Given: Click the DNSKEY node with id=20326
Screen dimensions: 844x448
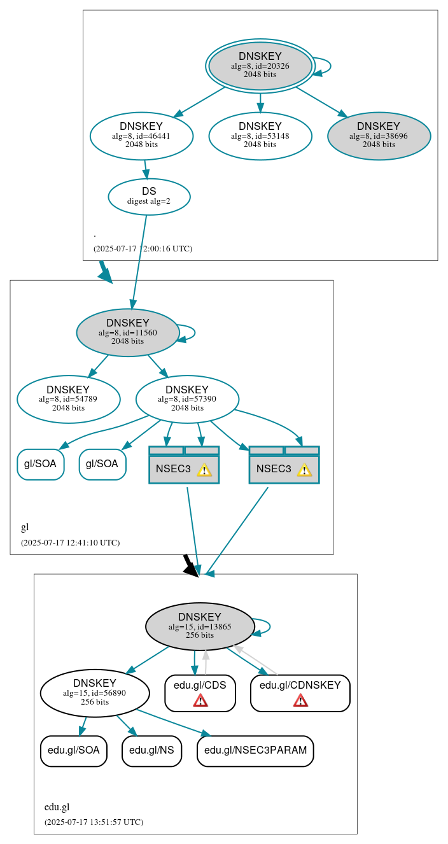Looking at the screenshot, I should [x=260, y=66].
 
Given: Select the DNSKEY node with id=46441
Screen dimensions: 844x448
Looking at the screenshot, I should [x=141, y=136].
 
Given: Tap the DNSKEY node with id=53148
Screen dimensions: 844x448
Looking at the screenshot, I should [x=260, y=136].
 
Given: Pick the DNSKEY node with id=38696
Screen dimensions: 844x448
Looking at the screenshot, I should [x=379, y=136].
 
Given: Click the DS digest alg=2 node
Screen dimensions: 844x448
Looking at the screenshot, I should [x=149, y=196].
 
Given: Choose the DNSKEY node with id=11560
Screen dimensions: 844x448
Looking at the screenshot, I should [x=128, y=332].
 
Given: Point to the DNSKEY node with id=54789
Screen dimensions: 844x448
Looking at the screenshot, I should [x=68, y=399].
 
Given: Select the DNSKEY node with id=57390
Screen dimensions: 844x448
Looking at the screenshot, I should [x=187, y=399].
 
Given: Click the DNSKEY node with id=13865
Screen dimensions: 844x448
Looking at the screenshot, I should [x=200, y=626].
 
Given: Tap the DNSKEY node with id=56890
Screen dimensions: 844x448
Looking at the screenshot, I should [x=95, y=693].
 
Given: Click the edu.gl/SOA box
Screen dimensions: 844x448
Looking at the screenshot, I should [x=74, y=750].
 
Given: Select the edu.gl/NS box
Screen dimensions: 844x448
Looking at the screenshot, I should [x=151, y=750].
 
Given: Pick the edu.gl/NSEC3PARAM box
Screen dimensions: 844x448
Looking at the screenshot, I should [x=255, y=750].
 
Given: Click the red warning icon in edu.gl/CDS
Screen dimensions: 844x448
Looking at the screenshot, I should [x=200, y=701].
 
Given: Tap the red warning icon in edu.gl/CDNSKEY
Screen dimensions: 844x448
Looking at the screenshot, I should [x=300, y=701].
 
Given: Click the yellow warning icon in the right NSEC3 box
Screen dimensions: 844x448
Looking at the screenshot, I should [x=304, y=470].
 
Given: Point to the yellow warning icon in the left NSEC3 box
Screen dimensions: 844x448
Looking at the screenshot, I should [x=204, y=470].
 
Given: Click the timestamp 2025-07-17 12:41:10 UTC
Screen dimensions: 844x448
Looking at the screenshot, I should [x=70, y=543].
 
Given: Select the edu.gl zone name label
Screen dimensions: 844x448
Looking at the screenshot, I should [x=57, y=807].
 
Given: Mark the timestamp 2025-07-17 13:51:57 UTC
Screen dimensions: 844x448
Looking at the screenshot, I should [x=94, y=822].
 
